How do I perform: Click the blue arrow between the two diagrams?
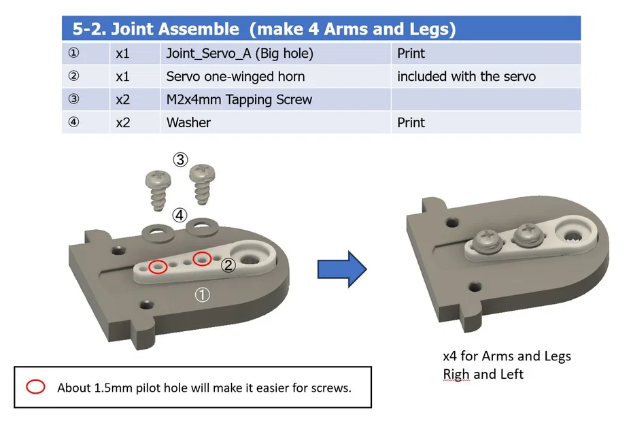click(x=342, y=269)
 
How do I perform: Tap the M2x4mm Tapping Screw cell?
click(x=239, y=99)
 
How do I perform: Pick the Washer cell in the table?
click(x=188, y=122)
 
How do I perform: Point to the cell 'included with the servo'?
click(x=466, y=76)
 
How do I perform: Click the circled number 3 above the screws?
click(x=180, y=160)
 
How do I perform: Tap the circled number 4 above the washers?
click(x=179, y=216)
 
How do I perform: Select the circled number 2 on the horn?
click(x=228, y=266)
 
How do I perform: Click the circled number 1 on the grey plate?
click(x=203, y=294)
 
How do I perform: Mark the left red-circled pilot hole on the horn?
click(x=158, y=267)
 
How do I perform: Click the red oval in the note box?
click(x=35, y=388)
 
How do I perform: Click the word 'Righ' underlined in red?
click(x=456, y=374)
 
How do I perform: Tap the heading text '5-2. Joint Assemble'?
click(x=156, y=29)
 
